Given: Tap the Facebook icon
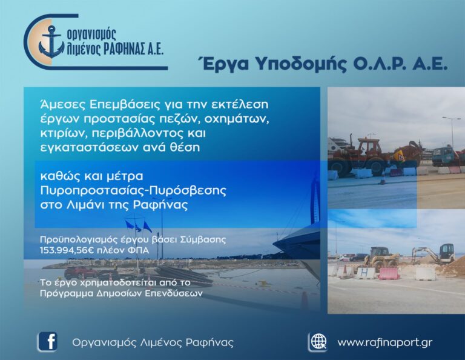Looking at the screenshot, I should pos(47,342).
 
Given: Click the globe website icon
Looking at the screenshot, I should pos(317,342).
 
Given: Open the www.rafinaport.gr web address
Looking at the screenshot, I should pos(384,342).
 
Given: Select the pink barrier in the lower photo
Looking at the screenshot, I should pos(388,273).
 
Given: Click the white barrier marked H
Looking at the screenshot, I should pos(365,273).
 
